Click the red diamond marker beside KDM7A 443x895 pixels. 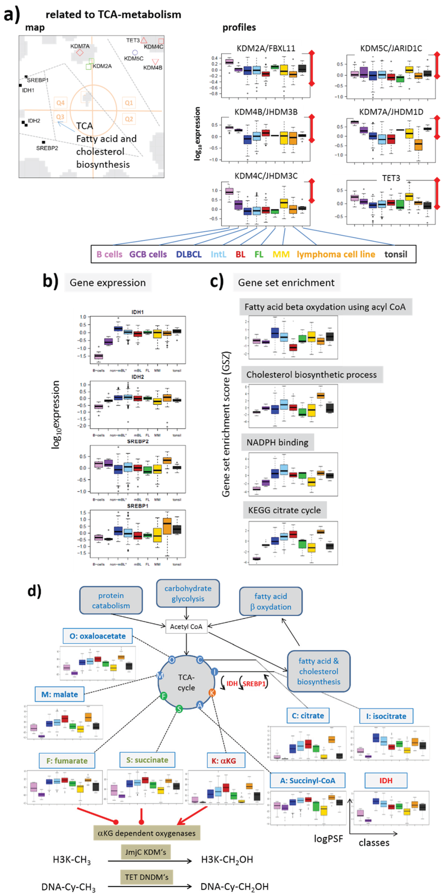point(80,53)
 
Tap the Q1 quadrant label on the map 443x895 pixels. point(128,103)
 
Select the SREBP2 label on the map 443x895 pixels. point(47,148)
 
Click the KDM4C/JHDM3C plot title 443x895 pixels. point(266,176)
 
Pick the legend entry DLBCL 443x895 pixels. point(189,254)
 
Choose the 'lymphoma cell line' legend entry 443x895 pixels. point(336,254)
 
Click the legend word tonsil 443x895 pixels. point(395,254)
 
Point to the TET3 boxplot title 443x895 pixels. point(391,178)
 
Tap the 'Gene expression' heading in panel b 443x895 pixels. point(108,283)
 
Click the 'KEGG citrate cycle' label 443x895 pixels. point(284,510)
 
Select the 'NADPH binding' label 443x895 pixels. point(277,442)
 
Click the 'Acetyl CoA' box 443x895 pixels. point(186,627)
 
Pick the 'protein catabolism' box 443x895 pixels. point(111,601)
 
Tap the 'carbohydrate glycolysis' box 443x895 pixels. point(188,593)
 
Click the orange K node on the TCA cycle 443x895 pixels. point(212,693)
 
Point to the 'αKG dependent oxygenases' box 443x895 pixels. point(146,833)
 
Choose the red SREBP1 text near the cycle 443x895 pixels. point(254,684)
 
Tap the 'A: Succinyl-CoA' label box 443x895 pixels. point(308,780)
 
